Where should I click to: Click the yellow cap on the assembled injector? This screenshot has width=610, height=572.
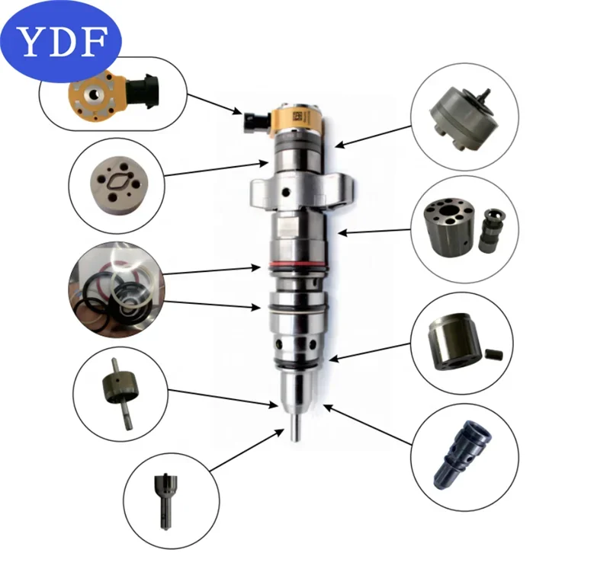(293, 119)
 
